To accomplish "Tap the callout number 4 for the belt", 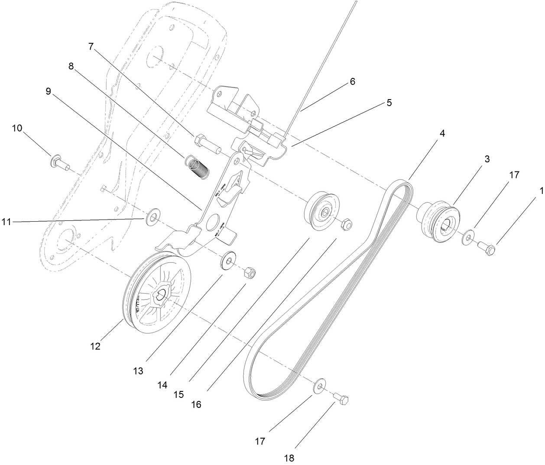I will (x=442, y=133).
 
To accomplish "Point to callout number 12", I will (x=95, y=346).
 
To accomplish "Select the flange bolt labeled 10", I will (x=60, y=163).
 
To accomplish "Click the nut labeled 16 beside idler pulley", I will (x=346, y=224).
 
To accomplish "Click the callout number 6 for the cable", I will (x=352, y=81).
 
